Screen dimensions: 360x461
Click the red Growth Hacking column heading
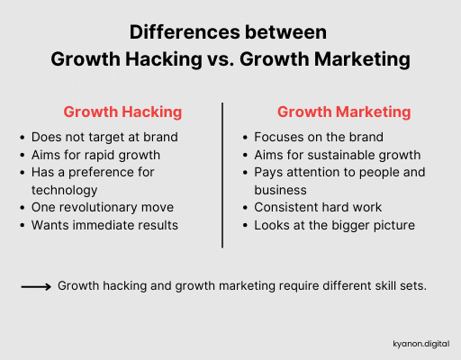122,112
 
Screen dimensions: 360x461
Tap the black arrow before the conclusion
35,286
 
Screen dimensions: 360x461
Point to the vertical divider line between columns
222,175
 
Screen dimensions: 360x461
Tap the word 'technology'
65,190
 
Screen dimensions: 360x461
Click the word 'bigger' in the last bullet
345,225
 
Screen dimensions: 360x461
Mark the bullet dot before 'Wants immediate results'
23,226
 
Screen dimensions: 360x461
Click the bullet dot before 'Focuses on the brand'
246,139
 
